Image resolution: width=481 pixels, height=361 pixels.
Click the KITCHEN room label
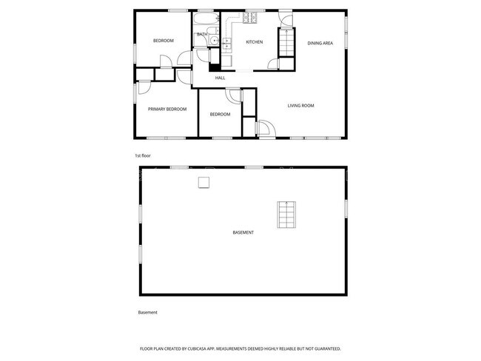[254, 42]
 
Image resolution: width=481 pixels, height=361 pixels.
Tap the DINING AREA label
[320, 43]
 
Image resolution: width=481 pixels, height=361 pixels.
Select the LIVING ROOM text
[301, 106]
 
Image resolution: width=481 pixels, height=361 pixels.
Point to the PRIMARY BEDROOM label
[166, 109]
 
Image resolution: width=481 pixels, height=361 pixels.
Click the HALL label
[220, 78]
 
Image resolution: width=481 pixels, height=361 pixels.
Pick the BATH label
[202, 34]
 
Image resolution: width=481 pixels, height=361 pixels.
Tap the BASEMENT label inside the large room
[243, 232]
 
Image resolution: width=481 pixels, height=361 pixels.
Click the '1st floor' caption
[143, 155]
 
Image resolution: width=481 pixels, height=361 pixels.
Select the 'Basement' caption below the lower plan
[148, 312]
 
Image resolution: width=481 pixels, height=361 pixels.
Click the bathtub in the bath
[206, 18]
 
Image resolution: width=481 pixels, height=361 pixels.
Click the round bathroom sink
[211, 41]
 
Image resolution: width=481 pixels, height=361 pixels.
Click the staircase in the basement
[286, 214]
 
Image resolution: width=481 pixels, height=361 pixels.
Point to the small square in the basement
[202, 182]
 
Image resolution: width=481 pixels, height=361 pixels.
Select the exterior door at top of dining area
[286, 16]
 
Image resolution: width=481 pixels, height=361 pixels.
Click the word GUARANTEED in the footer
[326, 348]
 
